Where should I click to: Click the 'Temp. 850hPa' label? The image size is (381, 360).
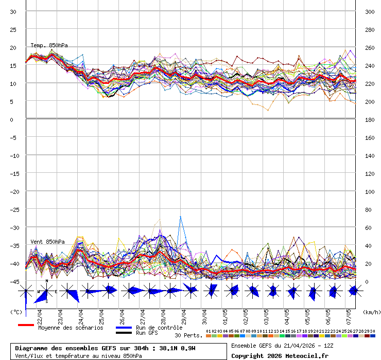click(x=49, y=46)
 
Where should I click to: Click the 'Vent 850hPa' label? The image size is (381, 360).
click(x=47, y=242)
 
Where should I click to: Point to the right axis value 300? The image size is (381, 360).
click(x=370, y=11)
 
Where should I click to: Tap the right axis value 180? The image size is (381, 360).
click(x=370, y=119)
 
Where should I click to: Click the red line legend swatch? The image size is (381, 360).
click(x=26, y=325)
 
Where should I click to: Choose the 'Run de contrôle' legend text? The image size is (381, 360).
click(x=159, y=328)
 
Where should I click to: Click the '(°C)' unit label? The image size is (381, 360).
click(x=16, y=312)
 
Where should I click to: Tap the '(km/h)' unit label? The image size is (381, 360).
click(x=371, y=312)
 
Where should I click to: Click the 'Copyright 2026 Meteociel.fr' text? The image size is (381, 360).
click(x=280, y=355)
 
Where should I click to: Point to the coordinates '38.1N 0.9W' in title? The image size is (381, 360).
click(x=177, y=348)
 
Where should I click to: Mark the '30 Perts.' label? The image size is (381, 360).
click(x=188, y=335)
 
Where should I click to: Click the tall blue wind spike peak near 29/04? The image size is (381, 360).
click(x=180, y=217)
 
